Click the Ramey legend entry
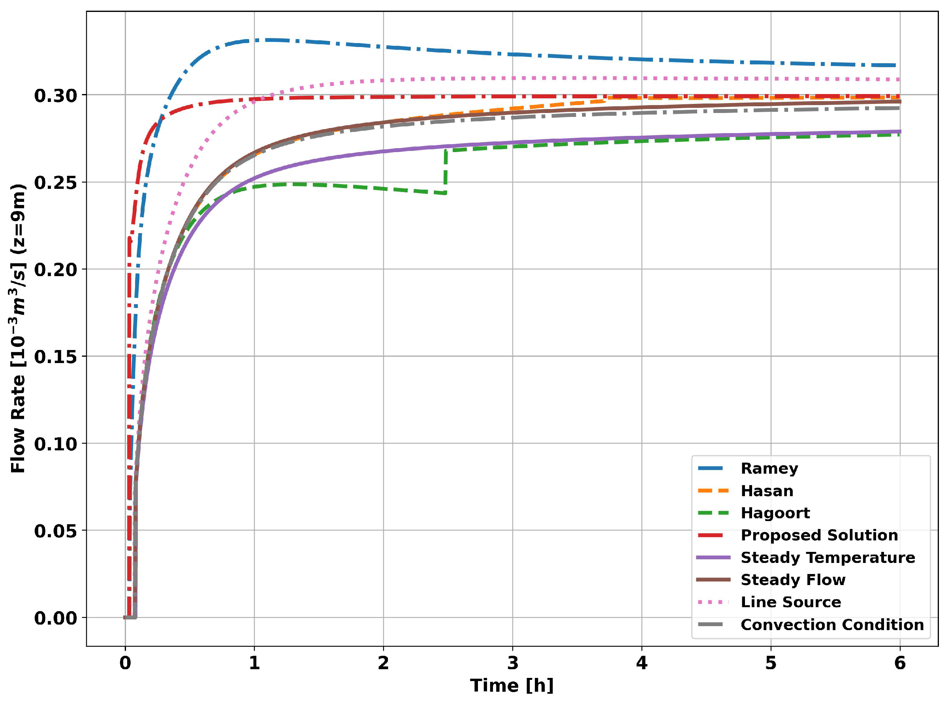(769, 468)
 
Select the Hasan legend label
(767, 491)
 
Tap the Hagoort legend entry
(775, 513)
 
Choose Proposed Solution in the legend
(819, 535)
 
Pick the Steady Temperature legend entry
(827, 557)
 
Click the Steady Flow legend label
(792, 580)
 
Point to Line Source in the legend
(790, 602)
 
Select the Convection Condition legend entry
(831, 625)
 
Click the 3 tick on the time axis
(512, 663)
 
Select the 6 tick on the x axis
(899, 663)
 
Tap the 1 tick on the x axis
(254, 663)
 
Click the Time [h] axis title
(512, 685)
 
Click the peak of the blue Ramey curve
(265, 40)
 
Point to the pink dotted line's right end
(898, 79)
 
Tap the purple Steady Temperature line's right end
(899, 131)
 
